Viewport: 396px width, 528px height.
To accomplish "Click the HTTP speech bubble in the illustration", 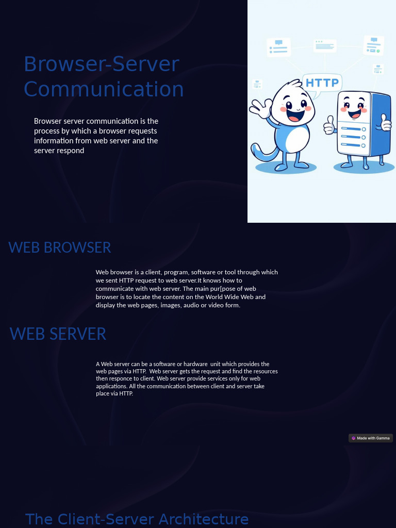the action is (322, 82).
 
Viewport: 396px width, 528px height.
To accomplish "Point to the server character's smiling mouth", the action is (355, 113).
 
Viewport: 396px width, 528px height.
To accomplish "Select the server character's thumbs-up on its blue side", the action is (385, 123).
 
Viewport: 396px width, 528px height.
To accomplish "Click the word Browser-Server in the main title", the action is (102, 64).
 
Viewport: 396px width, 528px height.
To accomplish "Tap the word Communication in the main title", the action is (104, 89).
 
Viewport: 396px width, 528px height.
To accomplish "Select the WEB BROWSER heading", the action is (60, 247).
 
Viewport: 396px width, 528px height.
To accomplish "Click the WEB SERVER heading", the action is (58, 334).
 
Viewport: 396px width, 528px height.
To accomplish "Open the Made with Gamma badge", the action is (371, 438).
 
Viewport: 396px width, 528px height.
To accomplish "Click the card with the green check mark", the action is (374, 45).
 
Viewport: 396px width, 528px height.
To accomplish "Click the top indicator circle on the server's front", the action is (364, 129).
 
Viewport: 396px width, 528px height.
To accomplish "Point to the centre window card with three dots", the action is (325, 46).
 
